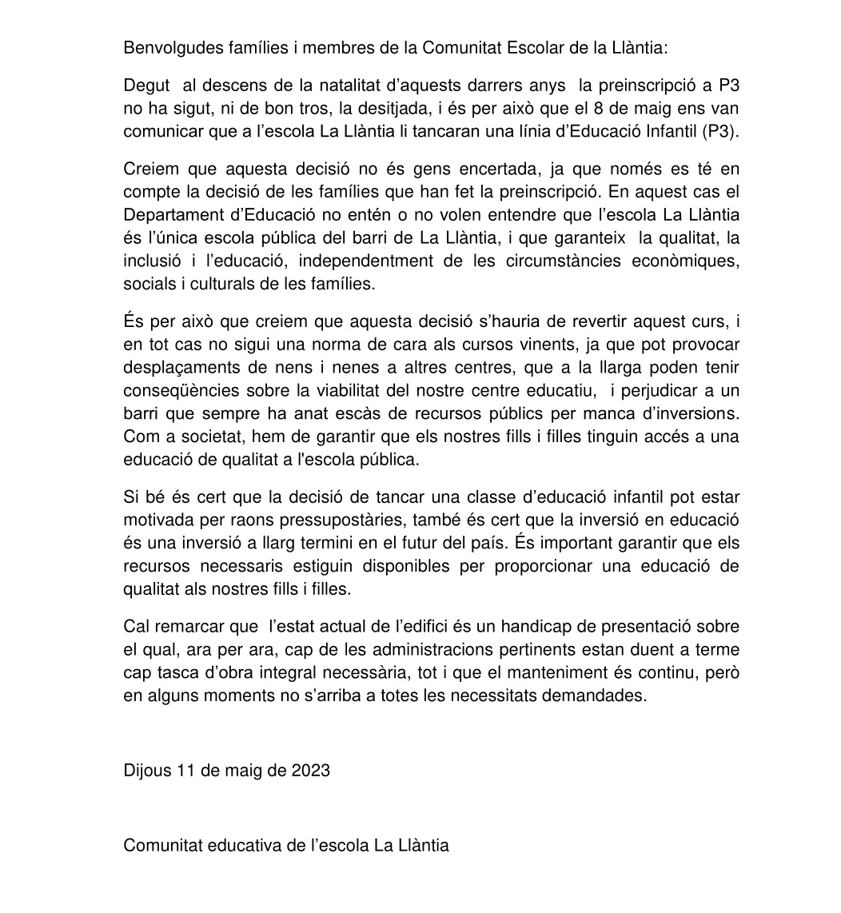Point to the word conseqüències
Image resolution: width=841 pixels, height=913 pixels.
tap(177, 390)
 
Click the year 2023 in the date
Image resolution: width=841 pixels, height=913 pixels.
tap(310, 771)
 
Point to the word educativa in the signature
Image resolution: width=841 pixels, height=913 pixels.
tap(244, 846)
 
